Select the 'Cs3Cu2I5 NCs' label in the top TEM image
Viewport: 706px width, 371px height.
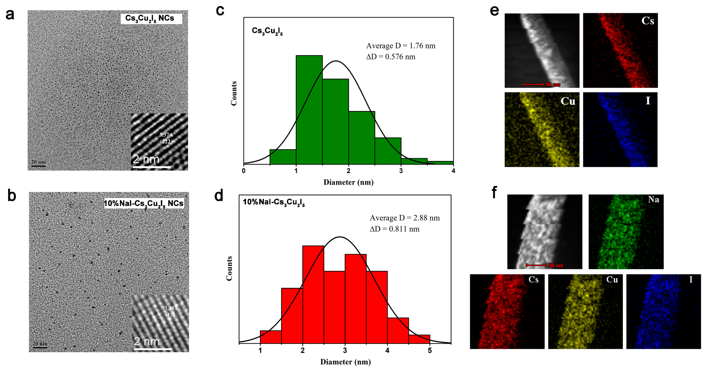pyautogui.click(x=150, y=18)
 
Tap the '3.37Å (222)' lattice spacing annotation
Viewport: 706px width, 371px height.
pyautogui.click(x=166, y=138)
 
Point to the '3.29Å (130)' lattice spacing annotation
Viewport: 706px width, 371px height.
pyautogui.click(x=171, y=311)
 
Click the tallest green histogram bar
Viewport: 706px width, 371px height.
pyautogui.click(x=309, y=110)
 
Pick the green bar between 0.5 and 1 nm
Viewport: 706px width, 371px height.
pyautogui.click(x=283, y=157)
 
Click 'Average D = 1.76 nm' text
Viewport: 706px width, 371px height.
pyautogui.click(x=401, y=46)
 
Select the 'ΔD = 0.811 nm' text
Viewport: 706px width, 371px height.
pyautogui.click(x=394, y=229)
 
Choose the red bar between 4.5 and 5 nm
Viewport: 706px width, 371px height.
pyautogui.click(x=419, y=339)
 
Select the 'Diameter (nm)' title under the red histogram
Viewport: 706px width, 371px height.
pyautogui.click(x=345, y=362)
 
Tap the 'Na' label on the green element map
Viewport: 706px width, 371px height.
pyautogui.click(x=653, y=199)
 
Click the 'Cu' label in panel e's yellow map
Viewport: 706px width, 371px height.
pyautogui.click(x=568, y=101)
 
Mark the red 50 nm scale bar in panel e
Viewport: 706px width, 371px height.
pyautogui.click(x=533, y=84)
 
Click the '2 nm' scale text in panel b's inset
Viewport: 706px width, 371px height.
pyautogui.click(x=147, y=342)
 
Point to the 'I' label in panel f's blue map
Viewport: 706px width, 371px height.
pyautogui.click(x=691, y=279)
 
